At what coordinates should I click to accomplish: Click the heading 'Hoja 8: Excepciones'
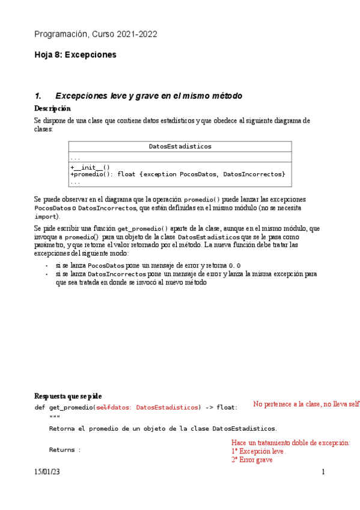[x=75, y=55]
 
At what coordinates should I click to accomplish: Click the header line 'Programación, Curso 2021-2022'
[x=96, y=34]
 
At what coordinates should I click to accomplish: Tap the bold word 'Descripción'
[x=52, y=108]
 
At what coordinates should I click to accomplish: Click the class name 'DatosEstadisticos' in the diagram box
[x=180, y=146]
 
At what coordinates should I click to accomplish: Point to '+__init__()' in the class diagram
[x=90, y=167]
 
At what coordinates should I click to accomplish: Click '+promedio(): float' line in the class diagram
[x=102, y=174]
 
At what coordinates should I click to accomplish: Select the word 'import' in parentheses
[x=46, y=216]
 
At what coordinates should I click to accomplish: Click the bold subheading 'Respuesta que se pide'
[x=68, y=396]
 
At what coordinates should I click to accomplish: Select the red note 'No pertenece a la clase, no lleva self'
[x=307, y=404]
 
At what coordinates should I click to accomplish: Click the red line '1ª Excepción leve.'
[x=258, y=451]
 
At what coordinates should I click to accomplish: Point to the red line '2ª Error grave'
[x=252, y=459]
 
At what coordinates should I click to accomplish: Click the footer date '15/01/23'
[x=47, y=472]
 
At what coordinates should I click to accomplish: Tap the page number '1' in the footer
[x=323, y=472]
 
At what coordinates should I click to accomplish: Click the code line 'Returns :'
[x=65, y=449]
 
